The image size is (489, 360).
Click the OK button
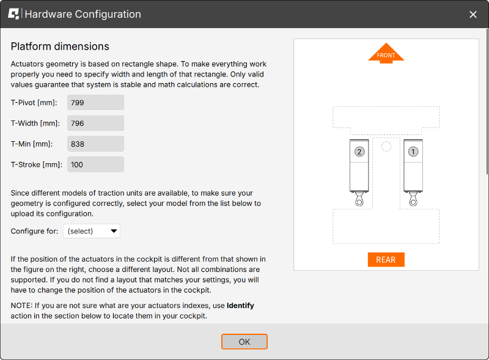pos(244,342)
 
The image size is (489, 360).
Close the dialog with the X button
pos(472,15)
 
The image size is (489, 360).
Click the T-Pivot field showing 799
pos(95,103)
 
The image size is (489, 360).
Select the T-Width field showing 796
pos(95,123)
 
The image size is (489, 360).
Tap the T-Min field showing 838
pos(95,144)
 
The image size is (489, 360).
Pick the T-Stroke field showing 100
pos(95,165)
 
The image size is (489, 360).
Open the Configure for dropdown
pos(92,231)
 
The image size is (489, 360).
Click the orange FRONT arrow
pos(386,54)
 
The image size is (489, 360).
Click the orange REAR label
pos(386,260)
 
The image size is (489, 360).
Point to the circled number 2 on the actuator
pos(359,152)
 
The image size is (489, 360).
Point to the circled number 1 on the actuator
pos(413,152)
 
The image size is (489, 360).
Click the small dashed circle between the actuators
pos(386,147)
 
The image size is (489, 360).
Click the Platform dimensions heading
pos(60,46)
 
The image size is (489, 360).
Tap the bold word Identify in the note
pos(240,305)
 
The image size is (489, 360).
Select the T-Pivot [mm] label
pos(34,103)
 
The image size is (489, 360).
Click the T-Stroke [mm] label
pos(36,165)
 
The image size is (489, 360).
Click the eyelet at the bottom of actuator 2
pos(359,200)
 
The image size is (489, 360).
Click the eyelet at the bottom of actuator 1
pos(413,200)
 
